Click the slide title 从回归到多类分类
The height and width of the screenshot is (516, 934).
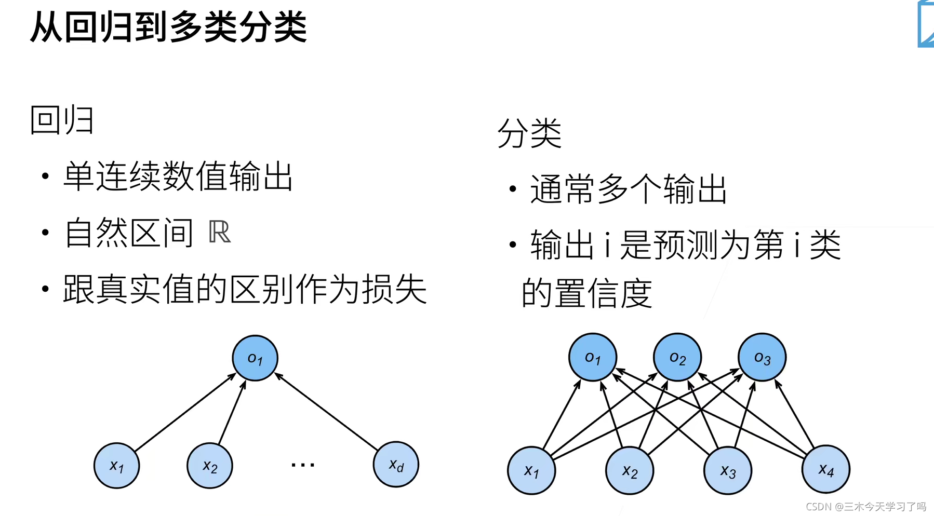tap(169, 27)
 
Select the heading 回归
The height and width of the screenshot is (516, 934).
tap(62, 120)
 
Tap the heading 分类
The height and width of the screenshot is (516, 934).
tap(529, 133)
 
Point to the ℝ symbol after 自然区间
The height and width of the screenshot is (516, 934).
tap(219, 232)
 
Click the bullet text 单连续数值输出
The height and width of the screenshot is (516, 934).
tap(178, 176)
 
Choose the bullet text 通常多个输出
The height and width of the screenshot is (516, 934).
tap(628, 189)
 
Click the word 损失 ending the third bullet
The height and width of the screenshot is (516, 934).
tap(394, 289)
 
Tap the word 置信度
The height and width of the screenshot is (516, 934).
tap(603, 293)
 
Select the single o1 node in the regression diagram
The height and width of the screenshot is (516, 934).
tap(255, 358)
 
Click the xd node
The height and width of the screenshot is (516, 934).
tap(396, 465)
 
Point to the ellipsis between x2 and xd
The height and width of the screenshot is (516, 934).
tap(303, 465)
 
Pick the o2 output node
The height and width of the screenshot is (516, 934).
tap(677, 358)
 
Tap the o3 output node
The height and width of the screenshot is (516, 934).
tap(762, 358)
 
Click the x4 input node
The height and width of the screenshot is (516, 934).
tap(826, 469)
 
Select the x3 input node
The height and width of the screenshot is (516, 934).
tap(728, 471)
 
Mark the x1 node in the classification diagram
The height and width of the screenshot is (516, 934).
tap(531, 471)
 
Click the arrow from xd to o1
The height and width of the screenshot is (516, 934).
tap(327, 412)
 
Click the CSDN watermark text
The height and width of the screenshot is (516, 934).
tap(865, 507)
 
